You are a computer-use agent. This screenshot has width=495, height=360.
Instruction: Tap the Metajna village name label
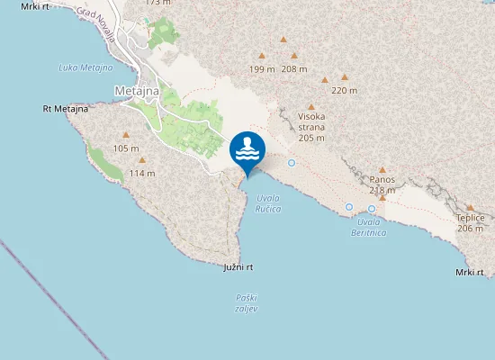click(x=138, y=91)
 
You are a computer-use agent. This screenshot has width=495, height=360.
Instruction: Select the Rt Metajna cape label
click(x=65, y=109)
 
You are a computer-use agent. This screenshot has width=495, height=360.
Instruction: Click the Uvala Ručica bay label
click(x=268, y=203)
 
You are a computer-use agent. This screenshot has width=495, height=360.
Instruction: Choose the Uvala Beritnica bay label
click(x=367, y=227)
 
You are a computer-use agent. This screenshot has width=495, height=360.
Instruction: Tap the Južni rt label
click(x=238, y=267)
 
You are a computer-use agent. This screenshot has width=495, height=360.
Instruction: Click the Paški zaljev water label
click(x=247, y=302)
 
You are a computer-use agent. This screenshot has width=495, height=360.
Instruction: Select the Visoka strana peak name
click(x=311, y=127)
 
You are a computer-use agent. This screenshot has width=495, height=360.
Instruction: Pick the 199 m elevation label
click(x=262, y=69)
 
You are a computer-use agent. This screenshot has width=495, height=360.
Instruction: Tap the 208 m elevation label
click(x=294, y=69)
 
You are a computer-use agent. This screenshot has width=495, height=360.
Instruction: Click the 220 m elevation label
click(x=344, y=90)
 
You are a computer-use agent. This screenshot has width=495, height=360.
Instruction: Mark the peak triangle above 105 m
click(x=128, y=135)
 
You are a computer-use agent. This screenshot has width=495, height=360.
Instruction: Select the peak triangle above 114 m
click(x=141, y=160)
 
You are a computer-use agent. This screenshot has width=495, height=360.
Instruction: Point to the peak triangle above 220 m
click(x=344, y=77)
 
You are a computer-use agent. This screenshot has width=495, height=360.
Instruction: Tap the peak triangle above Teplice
click(x=470, y=207)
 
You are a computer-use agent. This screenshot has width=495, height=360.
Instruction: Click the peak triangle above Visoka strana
click(x=311, y=106)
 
